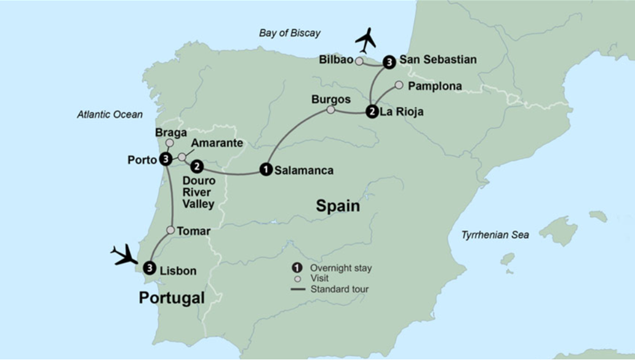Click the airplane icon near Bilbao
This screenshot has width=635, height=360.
coord(366,40)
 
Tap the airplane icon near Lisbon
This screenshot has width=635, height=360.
coord(125,254)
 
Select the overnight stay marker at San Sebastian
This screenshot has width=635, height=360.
coord(389,62)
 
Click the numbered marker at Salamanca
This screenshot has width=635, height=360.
coord(265,169)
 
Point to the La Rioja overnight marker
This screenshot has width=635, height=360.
coord(372,112)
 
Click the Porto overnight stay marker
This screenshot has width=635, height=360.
coord(165,159)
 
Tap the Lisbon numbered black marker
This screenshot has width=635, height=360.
coord(149,268)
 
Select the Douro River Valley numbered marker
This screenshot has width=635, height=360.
coord(196,166)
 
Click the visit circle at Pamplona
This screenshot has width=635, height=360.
coord(399,85)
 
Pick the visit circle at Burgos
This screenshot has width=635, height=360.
coord(330,110)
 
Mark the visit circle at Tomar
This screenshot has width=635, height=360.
coord(170,230)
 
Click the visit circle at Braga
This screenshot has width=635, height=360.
coord(170,143)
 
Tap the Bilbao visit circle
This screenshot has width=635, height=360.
coord(359,61)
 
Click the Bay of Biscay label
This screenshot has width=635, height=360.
coord(289,33)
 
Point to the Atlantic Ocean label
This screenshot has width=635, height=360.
coord(110,114)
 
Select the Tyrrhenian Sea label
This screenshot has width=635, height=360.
coord(495,235)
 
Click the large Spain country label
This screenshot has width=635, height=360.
coord(338,206)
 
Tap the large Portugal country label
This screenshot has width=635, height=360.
coord(171,298)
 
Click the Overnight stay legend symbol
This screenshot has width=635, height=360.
coord(297,268)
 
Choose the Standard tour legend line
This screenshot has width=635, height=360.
coord(298,289)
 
